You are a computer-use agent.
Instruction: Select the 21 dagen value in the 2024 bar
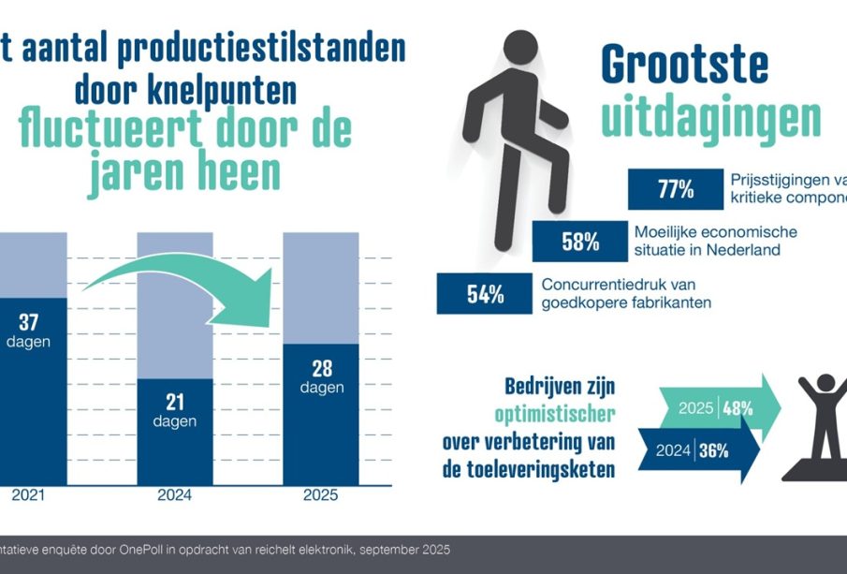click(174, 410)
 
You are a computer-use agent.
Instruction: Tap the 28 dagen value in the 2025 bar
click(321, 376)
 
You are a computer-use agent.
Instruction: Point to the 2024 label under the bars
click(174, 495)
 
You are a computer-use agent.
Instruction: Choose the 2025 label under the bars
click(321, 495)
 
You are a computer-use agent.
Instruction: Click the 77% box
click(675, 190)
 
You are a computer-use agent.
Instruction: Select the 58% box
click(580, 242)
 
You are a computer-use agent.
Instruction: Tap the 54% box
click(485, 293)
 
